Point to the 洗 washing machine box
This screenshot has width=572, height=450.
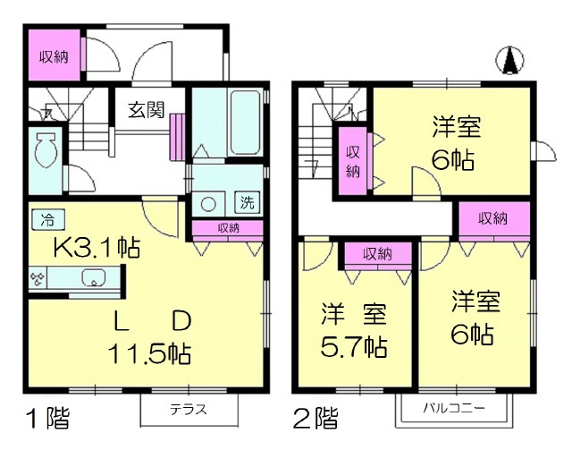point(244,202)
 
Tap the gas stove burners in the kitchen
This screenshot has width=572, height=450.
point(38,278)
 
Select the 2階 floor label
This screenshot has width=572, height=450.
point(315,418)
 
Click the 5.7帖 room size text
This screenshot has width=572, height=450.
point(355,344)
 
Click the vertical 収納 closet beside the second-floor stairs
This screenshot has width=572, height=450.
point(353,160)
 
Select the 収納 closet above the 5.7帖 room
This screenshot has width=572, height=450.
point(377,254)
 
